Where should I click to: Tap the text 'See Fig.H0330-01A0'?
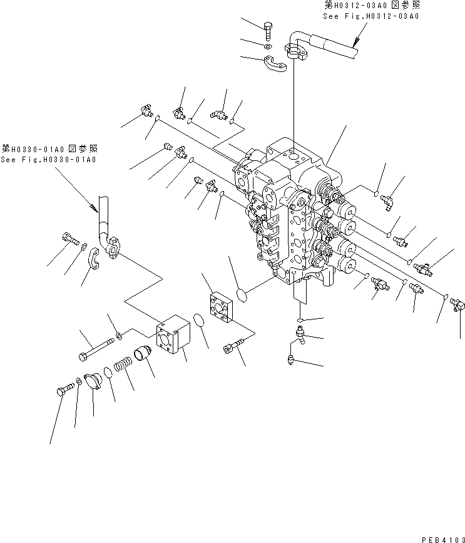49,160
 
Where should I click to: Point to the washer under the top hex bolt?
268,46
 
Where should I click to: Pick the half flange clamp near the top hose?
275,64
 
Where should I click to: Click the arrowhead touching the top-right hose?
355,44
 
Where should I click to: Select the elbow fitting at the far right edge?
456,305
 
